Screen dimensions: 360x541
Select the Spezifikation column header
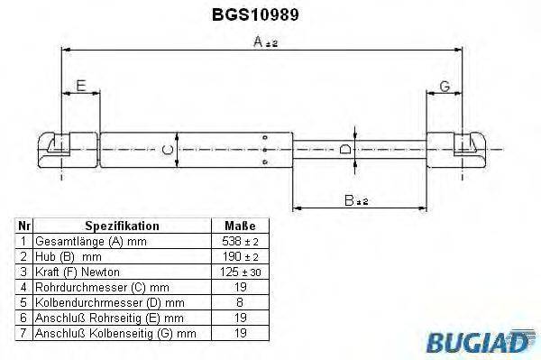[x=122, y=226]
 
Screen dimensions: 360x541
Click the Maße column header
[x=239, y=226]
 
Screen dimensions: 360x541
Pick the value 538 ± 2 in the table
[x=239, y=242]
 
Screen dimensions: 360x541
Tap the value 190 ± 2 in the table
[x=239, y=256]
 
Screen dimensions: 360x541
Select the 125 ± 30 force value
[x=239, y=271]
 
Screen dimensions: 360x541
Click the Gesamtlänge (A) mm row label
[x=89, y=242]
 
